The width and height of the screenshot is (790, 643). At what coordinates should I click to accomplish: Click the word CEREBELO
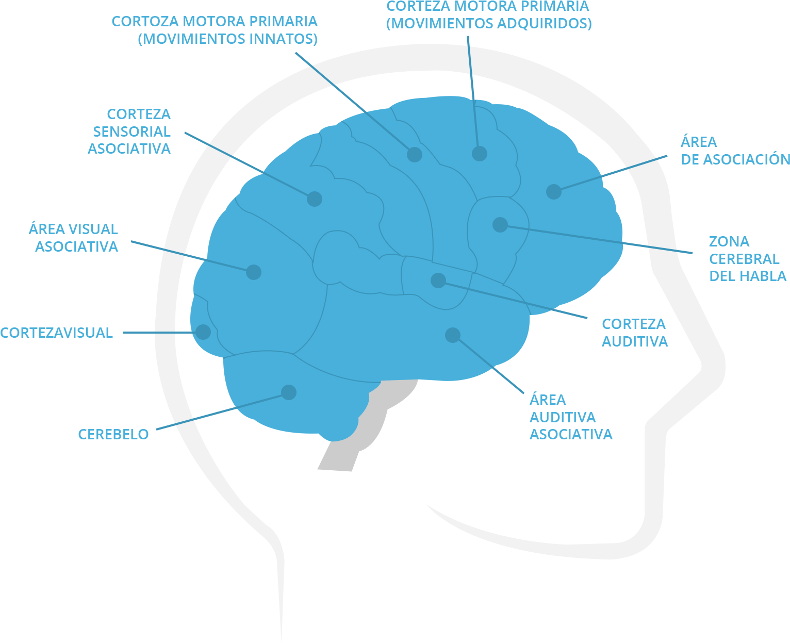tap(113, 434)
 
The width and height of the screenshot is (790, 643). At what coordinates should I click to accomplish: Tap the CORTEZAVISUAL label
tap(57, 333)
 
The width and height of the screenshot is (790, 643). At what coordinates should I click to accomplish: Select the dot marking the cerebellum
tap(289, 392)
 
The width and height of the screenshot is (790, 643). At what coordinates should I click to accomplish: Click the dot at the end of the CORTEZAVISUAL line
tap(204, 332)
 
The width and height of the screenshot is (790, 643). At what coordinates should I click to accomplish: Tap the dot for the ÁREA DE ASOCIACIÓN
tap(553, 191)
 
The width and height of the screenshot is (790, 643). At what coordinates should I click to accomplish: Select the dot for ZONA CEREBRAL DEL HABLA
tap(500, 224)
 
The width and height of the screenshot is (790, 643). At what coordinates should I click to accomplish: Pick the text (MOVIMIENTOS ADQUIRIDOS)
tap(489, 24)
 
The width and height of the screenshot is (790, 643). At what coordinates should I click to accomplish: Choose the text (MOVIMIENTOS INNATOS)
tap(227, 39)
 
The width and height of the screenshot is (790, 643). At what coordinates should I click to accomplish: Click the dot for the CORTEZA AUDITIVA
tap(438, 281)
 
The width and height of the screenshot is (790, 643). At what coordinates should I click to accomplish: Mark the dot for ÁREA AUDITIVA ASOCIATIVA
tap(452, 335)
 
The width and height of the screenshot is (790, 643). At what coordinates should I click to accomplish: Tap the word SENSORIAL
tap(131, 131)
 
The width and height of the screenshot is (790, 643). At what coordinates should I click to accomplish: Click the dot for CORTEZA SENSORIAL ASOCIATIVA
tap(315, 199)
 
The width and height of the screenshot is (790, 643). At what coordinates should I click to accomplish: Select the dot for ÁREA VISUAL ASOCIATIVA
tap(253, 272)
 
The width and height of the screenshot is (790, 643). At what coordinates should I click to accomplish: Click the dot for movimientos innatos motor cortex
tap(415, 154)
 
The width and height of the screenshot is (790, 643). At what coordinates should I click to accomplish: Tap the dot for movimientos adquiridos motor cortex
tap(480, 153)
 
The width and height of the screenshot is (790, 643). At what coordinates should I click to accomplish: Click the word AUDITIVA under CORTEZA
tap(635, 341)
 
